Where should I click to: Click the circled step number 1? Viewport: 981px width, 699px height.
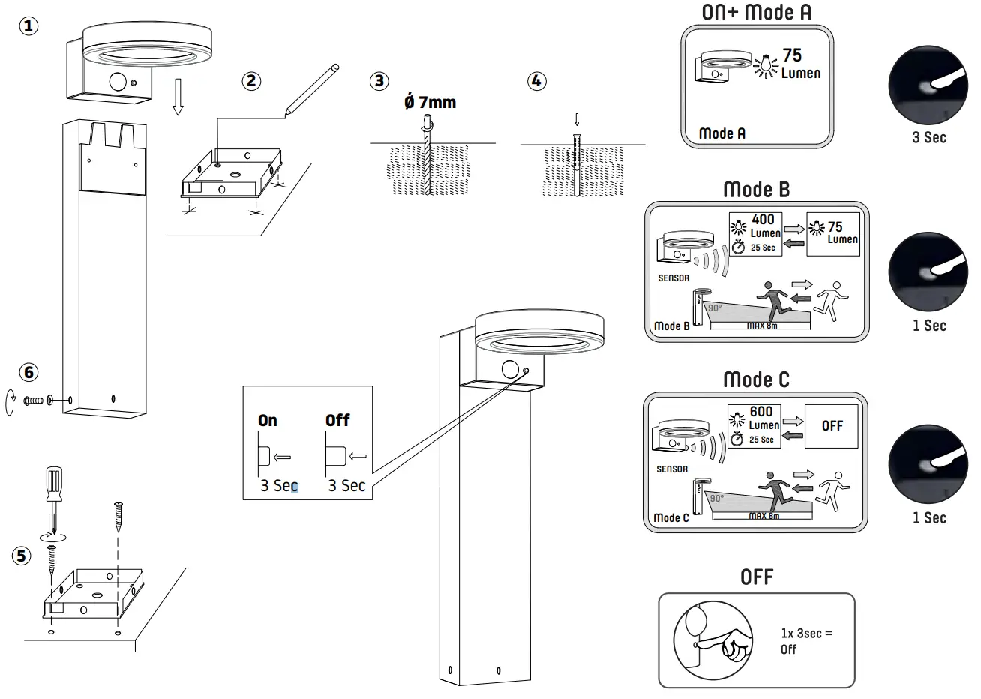pyautogui.click(x=28, y=26)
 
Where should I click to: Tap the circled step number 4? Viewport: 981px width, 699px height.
pyautogui.click(x=536, y=80)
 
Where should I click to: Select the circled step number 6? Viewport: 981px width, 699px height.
pyautogui.click(x=28, y=372)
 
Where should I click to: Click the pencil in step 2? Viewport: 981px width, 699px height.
pyautogui.click(x=310, y=90)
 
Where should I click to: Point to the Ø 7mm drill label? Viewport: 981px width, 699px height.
pyautogui.click(x=430, y=101)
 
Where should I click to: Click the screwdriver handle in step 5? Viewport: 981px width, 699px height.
pyautogui.click(x=55, y=484)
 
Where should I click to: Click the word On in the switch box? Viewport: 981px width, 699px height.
pyautogui.click(x=268, y=420)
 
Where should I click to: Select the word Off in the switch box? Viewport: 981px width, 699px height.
pyautogui.click(x=337, y=420)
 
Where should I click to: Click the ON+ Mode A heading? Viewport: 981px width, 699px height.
pyautogui.click(x=756, y=12)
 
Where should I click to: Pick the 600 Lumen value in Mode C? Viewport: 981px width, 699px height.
pyautogui.click(x=763, y=418)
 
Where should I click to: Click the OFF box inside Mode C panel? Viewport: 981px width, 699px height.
pyautogui.click(x=832, y=425)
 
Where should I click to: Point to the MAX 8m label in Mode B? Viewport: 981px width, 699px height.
pyautogui.click(x=762, y=325)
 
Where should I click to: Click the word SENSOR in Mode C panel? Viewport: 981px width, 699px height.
pyautogui.click(x=671, y=469)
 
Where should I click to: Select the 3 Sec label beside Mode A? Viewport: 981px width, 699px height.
pyautogui.click(x=928, y=137)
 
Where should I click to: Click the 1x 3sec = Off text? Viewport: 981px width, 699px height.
pyautogui.click(x=806, y=641)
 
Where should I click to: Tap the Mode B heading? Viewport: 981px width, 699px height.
pyautogui.click(x=756, y=190)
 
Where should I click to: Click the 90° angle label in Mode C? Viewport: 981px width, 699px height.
pyautogui.click(x=716, y=499)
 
